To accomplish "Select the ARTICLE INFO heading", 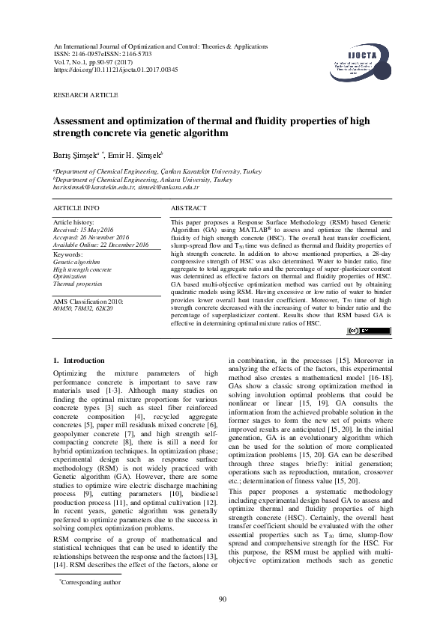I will coord(76,206).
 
